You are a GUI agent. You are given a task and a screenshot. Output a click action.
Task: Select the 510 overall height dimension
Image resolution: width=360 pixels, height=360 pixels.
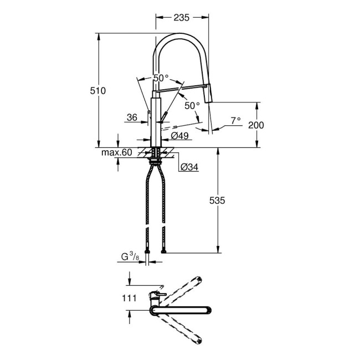97,90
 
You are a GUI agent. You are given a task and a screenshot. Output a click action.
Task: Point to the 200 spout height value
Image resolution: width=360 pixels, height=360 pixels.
256,125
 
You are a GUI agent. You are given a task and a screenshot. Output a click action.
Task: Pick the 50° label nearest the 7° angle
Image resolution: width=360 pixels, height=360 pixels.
192,105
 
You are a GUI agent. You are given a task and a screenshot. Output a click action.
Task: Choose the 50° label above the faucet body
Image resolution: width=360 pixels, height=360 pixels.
161,78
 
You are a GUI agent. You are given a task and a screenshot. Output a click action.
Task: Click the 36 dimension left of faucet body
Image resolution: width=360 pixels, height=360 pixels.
131,117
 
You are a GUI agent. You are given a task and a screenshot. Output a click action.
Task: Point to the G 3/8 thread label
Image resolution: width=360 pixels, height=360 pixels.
131,256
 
